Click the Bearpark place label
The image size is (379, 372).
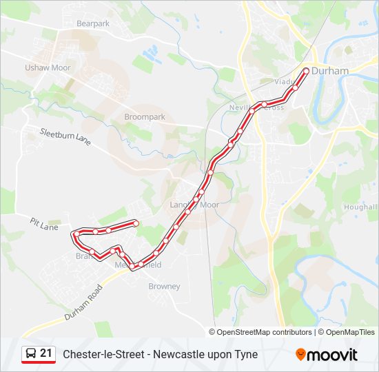(93, 23)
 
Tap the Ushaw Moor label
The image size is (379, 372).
(48, 68)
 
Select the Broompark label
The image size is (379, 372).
(144, 117)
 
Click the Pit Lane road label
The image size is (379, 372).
(44, 224)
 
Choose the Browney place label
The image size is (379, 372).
(164, 286)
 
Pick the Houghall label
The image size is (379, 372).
(360, 207)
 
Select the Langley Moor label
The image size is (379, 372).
(194, 205)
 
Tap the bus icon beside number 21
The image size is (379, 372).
(30, 354)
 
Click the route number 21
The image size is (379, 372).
(46, 354)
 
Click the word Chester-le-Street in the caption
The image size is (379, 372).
(102, 354)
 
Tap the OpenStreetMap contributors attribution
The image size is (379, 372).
(265, 332)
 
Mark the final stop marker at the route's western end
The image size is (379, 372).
(136, 223)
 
